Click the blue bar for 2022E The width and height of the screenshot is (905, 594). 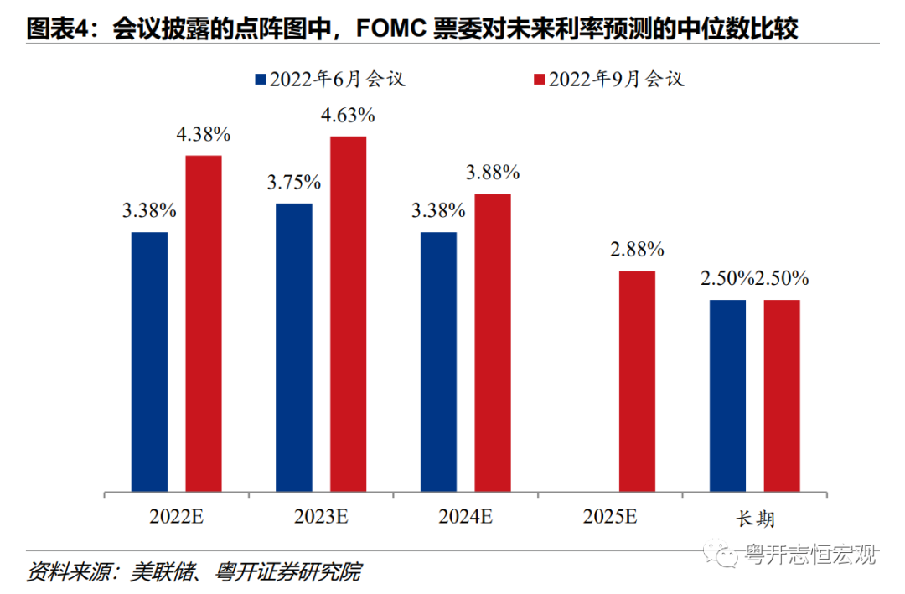[x=149, y=361]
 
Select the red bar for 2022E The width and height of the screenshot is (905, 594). [x=204, y=323]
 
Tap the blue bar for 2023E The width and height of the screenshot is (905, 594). [x=294, y=347]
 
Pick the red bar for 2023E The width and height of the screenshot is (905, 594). [x=348, y=313]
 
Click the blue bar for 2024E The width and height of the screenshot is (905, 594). [x=438, y=361]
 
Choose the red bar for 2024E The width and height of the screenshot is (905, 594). [x=493, y=342]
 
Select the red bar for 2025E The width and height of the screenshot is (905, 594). [x=637, y=380]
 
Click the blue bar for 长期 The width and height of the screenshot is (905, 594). [x=727, y=395]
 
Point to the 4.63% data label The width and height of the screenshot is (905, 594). [x=348, y=116]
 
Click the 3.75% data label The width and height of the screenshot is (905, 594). [x=294, y=183]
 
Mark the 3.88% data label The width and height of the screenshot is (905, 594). [x=493, y=174]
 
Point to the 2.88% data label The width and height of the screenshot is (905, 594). [x=637, y=250]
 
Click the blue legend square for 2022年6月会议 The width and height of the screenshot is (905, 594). [x=260, y=80]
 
